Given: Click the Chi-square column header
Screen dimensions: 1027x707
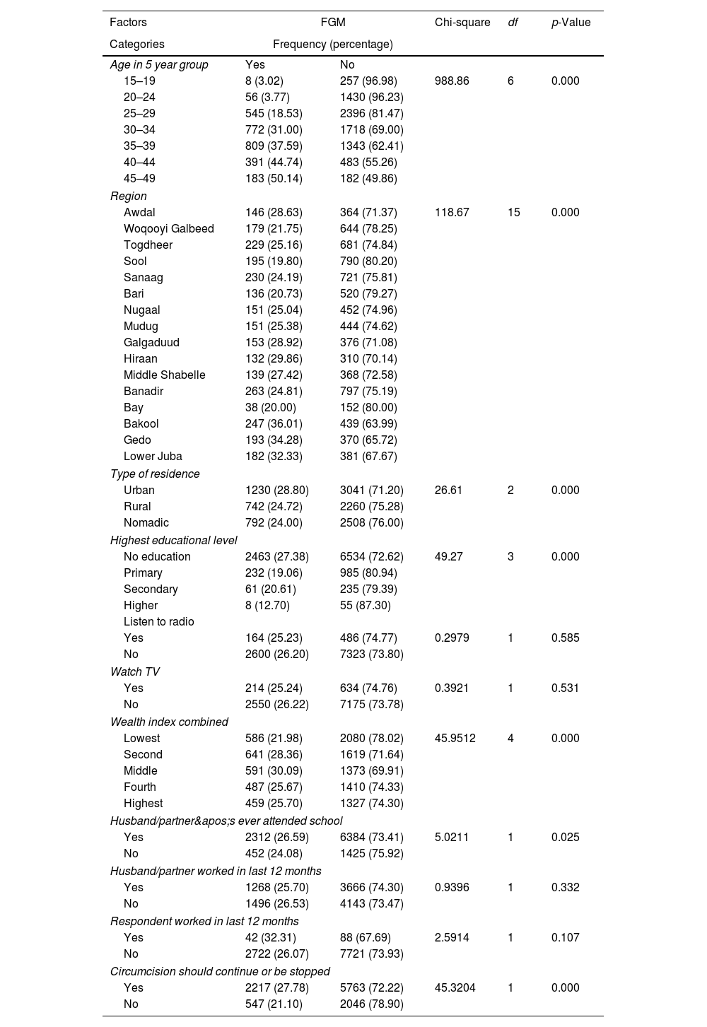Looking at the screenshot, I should [462, 22].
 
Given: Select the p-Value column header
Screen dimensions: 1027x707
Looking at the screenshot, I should [571, 22].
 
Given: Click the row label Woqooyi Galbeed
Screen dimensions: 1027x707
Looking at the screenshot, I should [168, 228].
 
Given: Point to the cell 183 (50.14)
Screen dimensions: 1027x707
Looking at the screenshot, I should [274, 178].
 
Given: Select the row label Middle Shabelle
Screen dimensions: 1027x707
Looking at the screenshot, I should [164, 375].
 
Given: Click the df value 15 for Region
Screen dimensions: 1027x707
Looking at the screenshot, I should [513, 212].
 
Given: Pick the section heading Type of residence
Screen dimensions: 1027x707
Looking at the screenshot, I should [155, 474].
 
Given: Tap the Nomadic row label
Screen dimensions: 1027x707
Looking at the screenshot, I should [146, 522].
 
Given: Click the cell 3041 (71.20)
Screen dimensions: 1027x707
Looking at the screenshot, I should [371, 490].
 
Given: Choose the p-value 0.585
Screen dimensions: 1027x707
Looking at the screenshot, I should [565, 638].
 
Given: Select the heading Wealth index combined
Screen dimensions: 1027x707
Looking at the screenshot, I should [169, 722].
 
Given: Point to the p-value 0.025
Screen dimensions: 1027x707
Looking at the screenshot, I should [565, 837].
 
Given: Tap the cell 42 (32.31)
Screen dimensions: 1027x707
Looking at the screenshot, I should [271, 937].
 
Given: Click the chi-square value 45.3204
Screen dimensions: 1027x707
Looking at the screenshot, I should [455, 987].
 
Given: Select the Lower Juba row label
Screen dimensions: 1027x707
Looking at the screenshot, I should [153, 456].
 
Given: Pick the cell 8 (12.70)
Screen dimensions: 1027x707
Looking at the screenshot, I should [268, 605].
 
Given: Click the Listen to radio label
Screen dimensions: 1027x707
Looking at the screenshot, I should [158, 621].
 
